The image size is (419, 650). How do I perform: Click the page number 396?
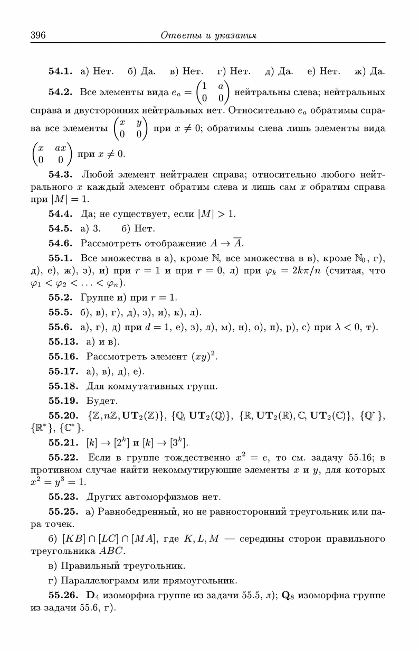(x=38, y=36)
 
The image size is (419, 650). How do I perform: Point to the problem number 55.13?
(x=63, y=342)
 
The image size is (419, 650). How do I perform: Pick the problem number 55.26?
(x=63, y=596)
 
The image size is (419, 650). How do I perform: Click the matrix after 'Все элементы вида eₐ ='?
(x=213, y=92)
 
